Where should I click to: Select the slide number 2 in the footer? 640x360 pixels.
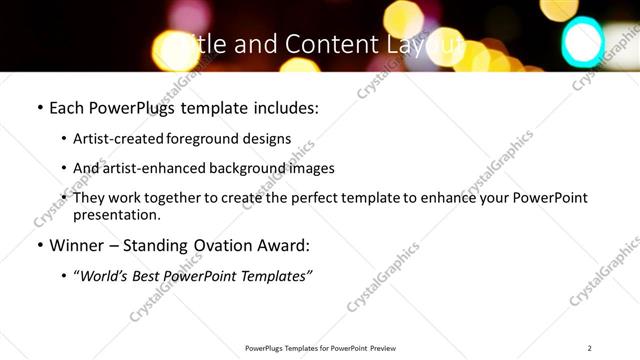590,348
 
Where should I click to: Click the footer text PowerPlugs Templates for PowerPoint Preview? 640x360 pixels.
320,348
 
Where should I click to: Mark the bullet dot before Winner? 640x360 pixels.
39,245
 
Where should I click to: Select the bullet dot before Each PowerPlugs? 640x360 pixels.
39,106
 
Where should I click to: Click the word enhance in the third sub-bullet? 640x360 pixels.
453,198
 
